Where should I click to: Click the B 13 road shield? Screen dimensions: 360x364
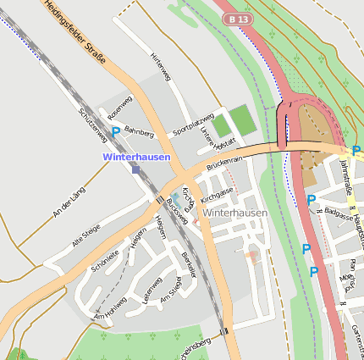tap(238, 18)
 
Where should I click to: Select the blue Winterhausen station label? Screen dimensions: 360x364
tap(136, 157)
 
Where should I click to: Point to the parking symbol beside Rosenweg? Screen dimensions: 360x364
tap(116, 131)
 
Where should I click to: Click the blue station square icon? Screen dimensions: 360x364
tap(135, 169)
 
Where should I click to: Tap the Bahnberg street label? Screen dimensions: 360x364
tap(139, 132)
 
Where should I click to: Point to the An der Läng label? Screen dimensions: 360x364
tap(69, 202)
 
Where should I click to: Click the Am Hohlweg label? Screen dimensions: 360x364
tap(110, 308)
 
